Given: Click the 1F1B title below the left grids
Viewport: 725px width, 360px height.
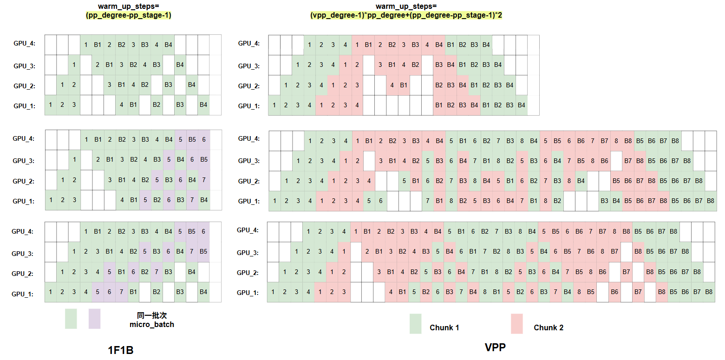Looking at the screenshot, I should click(x=121, y=350).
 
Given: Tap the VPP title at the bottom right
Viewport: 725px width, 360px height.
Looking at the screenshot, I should click(x=495, y=347).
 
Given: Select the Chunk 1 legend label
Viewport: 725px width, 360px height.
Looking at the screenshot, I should click(x=444, y=327).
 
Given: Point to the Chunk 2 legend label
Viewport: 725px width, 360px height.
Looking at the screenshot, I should click(x=549, y=327).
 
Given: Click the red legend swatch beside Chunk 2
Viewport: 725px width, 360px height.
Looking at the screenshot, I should click(x=516, y=324).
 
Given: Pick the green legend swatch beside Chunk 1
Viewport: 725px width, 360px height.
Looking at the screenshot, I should click(x=415, y=324).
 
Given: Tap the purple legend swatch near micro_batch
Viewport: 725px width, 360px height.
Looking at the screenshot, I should click(x=94, y=319).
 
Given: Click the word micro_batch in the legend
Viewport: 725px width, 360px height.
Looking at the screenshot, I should click(x=152, y=324).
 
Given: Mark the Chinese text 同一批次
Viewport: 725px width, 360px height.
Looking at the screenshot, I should click(x=151, y=315).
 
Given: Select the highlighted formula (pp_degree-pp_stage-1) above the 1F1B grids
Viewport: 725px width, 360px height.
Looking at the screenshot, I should click(x=129, y=15).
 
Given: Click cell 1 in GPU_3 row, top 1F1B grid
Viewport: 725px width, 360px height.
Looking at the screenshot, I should click(x=74, y=65).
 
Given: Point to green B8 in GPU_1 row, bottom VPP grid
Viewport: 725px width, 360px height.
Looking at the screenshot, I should click(x=709, y=292).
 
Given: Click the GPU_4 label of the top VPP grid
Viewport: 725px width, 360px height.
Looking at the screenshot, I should click(x=249, y=44).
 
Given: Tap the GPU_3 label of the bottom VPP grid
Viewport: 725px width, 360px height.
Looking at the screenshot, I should click(x=248, y=253).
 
